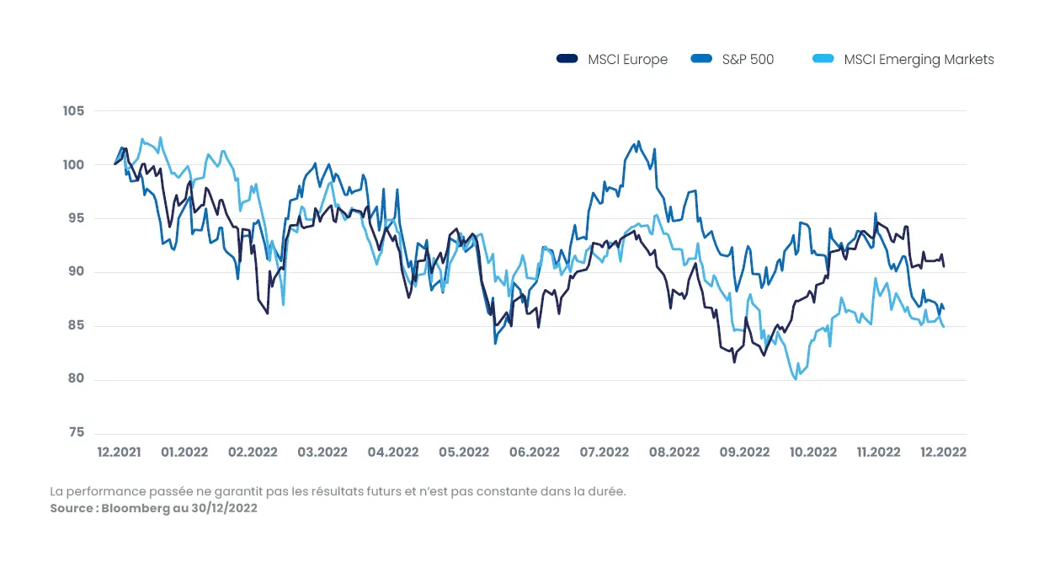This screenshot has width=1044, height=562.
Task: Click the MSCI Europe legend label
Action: tap(627, 60)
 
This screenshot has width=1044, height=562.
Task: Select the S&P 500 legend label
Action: tap(748, 60)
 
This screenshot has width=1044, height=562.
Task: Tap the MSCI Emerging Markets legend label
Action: tap(919, 60)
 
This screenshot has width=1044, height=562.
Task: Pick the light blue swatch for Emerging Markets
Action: tap(823, 59)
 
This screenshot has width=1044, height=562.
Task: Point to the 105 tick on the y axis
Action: tap(73, 111)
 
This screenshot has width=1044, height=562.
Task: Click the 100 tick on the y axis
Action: tap(73, 165)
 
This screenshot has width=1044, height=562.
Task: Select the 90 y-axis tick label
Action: tap(76, 272)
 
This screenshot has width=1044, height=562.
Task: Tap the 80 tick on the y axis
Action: tap(76, 379)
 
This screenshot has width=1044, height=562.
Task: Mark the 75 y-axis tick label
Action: tap(76, 433)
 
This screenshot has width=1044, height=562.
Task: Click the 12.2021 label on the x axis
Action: tap(119, 452)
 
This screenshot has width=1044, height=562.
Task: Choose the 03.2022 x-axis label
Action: tap(322, 452)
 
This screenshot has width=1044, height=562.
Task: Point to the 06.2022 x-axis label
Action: tap(534, 452)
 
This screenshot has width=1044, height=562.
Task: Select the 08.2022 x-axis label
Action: tap(674, 452)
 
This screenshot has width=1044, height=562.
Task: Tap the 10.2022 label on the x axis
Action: tap(812, 452)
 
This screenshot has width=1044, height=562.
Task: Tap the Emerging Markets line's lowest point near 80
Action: tap(796, 379)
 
